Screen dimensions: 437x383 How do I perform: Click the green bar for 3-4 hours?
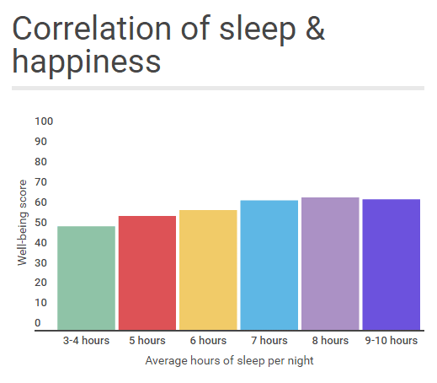click(86, 278)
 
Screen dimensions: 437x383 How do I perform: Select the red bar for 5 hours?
click(147, 272)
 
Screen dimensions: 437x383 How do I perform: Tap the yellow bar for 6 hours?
click(208, 270)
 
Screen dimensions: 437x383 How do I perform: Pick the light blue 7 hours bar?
click(269, 265)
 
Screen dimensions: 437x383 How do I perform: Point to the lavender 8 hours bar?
click(330, 263)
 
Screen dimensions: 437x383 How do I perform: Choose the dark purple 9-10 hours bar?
click(392, 264)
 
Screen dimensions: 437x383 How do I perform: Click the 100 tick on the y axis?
click(44, 121)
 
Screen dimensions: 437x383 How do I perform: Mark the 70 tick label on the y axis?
click(40, 182)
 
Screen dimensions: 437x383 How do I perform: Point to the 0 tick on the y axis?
click(38, 323)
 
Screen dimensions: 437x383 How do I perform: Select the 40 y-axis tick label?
click(40, 243)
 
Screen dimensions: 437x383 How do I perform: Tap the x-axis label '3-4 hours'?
click(86, 341)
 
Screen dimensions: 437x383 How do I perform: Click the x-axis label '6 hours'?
click(208, 341)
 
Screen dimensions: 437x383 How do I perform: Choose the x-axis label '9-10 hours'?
click(392, 341)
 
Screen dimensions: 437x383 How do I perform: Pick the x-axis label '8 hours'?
click(330, 341)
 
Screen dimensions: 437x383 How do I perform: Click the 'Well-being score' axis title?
click(22, 223)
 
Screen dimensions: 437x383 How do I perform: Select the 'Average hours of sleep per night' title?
click(229, 361)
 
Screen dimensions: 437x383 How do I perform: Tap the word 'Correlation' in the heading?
click(92, 29)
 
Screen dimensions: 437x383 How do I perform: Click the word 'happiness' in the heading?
click(87, 62)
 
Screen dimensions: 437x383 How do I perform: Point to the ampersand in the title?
click(315, 29)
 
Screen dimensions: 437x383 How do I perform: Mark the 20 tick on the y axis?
click(40, 283)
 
